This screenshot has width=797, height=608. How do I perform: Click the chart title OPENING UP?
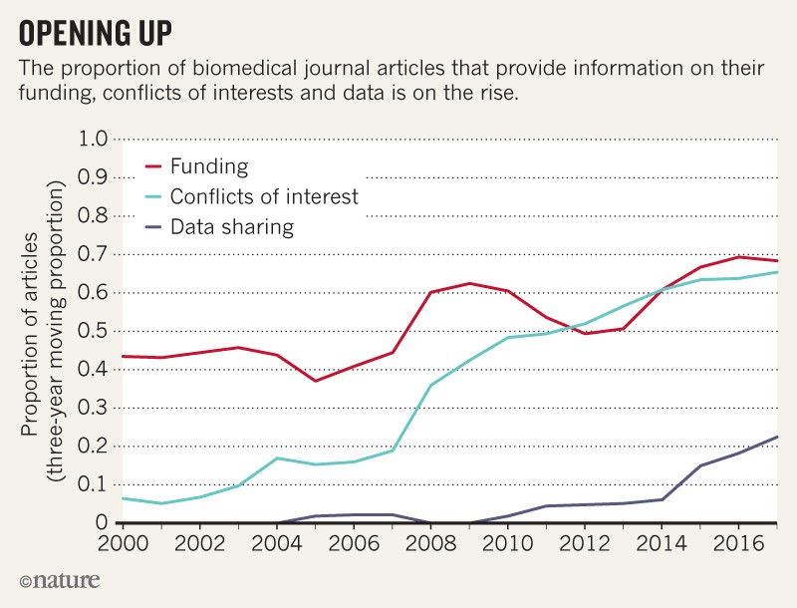point(96,32)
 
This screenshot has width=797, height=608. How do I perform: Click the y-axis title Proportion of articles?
point(33,329)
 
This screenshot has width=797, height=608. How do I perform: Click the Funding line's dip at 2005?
point(315,381)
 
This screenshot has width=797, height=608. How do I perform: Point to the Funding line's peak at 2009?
point(468,283)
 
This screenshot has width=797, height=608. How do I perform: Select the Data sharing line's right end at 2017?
point(776,437)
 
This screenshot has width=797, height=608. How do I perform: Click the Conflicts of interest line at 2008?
point(430,385)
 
